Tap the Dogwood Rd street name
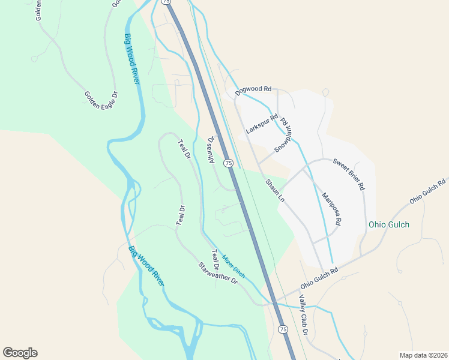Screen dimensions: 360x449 click(x=253, y=90)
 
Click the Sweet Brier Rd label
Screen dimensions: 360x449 click(x=348, y=174)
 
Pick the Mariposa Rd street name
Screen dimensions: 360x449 click(x=331, y=208)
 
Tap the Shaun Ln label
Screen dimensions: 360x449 click(x=275, y=190)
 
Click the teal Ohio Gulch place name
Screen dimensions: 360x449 click(x=388, y=225)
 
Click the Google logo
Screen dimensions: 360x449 click(x=20, y=353)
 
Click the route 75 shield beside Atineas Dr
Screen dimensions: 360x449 click(x=228, y=163)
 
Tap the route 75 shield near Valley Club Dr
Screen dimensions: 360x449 click(x=283, y=329)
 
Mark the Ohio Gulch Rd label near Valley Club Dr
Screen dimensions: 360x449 click(x=320, y=271)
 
